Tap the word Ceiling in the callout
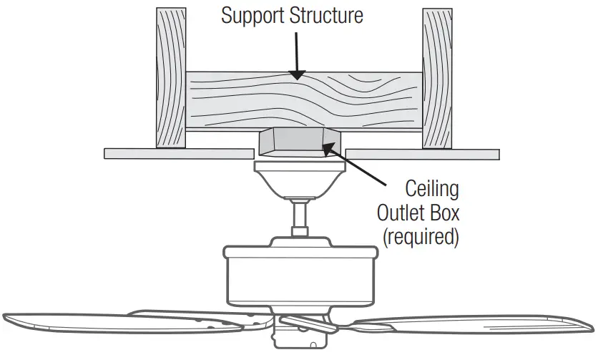click(x=431, y=190)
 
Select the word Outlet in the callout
click(x=409, y=214)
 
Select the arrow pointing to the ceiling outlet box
click(x=358, y=165)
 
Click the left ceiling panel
click(x=179, y=153)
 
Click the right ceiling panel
click(x=422, y=154)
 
